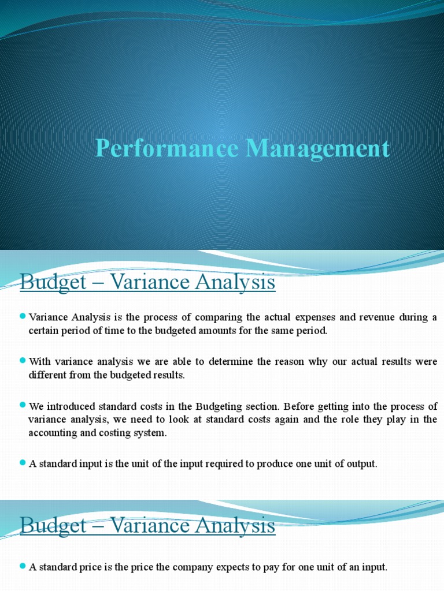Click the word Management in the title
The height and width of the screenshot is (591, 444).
[x=317, y=149]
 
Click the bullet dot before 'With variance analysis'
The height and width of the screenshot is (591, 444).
[x=23, y=360]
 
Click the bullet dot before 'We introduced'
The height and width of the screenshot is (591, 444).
[x=23, y=405]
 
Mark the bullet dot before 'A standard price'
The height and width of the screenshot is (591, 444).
[x=23, y=566]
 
